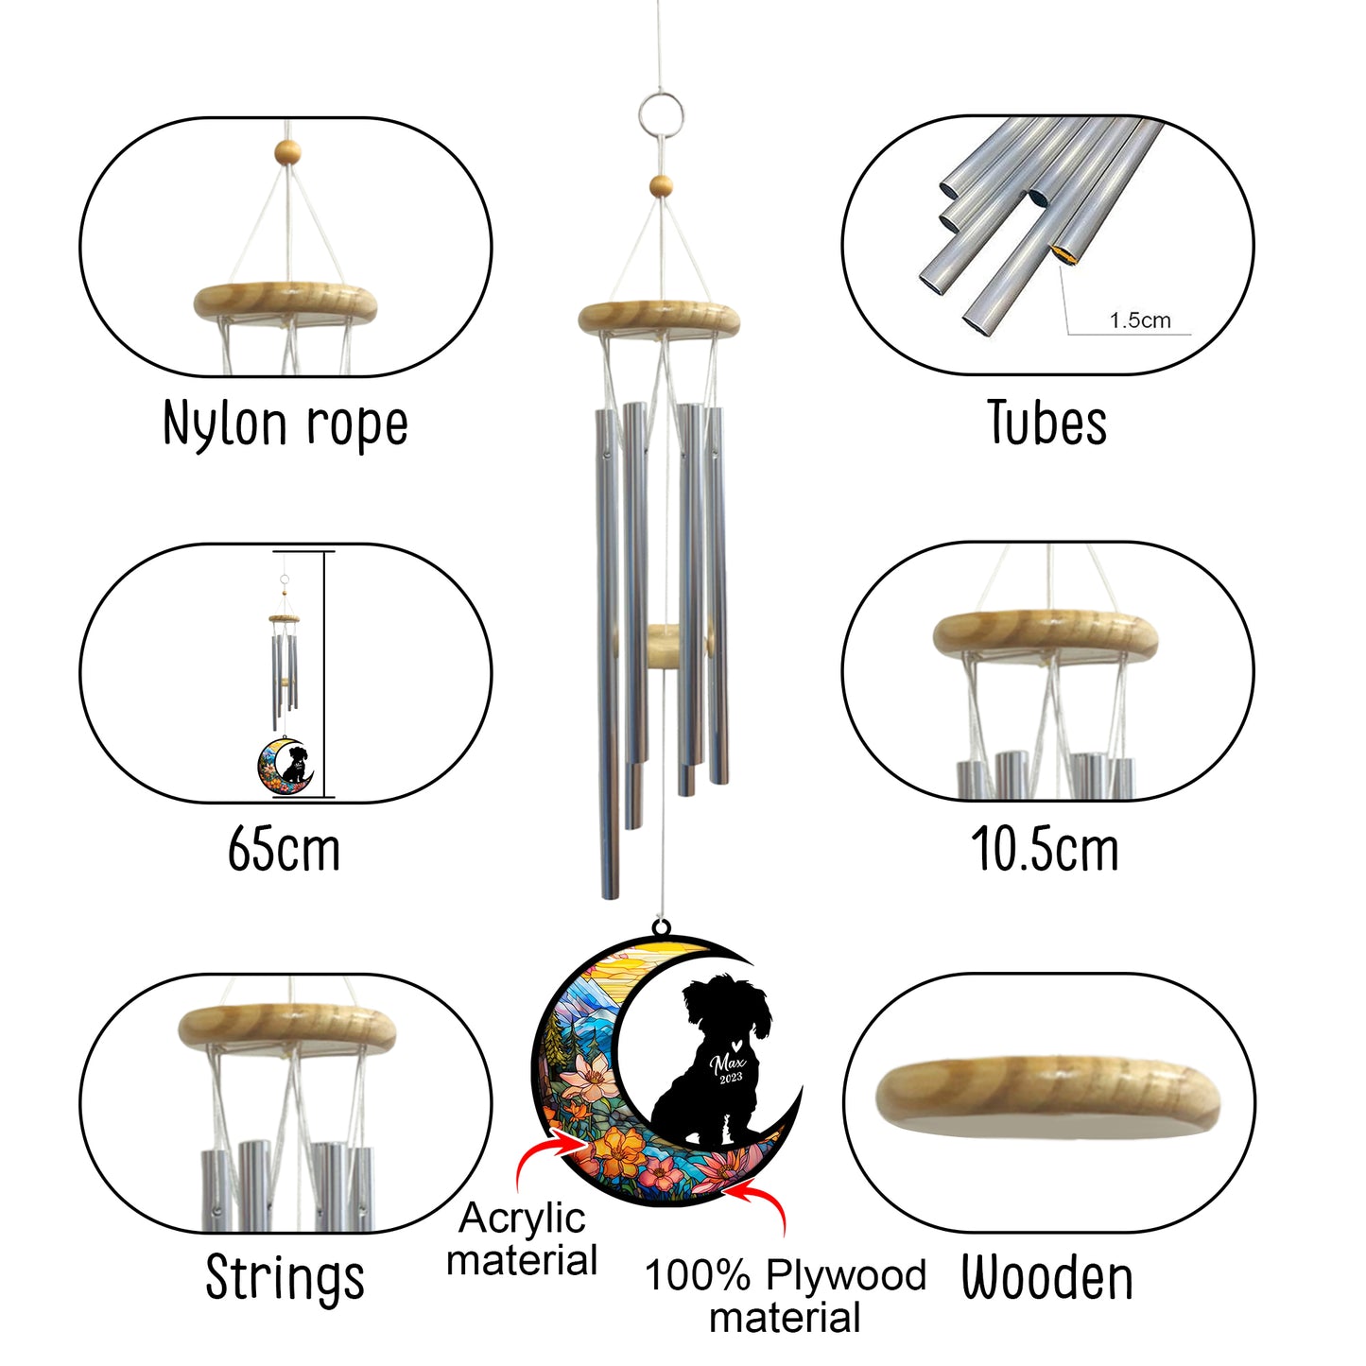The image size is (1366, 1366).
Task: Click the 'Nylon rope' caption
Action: pos(285,424)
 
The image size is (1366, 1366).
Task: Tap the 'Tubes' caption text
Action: pos(1046,423)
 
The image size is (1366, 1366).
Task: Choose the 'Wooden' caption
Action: pos(1047,1277)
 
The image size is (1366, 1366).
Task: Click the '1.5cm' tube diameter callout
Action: pos(1140,320)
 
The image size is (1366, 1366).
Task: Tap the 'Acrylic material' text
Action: pos(523,1239)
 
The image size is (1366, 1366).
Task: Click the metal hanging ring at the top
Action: pos(661,114)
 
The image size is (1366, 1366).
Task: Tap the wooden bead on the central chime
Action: pos(661,186)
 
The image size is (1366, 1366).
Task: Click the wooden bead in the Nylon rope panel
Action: pos(287,152)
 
